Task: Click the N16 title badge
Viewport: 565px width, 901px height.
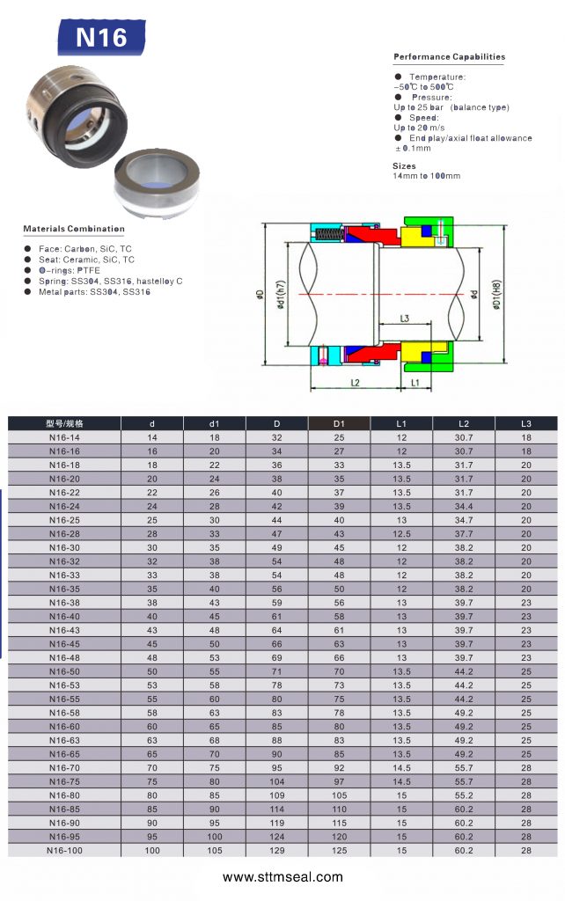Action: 101,37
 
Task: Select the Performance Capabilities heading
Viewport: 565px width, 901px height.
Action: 449,57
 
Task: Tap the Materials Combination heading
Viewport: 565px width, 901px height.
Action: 74,229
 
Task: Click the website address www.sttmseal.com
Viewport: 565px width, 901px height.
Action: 282,877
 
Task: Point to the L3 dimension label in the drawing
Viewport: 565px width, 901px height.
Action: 405,318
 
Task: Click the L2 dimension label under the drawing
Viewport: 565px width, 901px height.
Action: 355,383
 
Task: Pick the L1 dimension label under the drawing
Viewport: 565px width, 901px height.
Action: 415,383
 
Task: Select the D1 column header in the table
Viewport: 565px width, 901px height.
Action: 339,423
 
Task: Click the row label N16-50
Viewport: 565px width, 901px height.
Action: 64,671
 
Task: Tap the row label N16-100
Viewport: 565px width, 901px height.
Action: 64,851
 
